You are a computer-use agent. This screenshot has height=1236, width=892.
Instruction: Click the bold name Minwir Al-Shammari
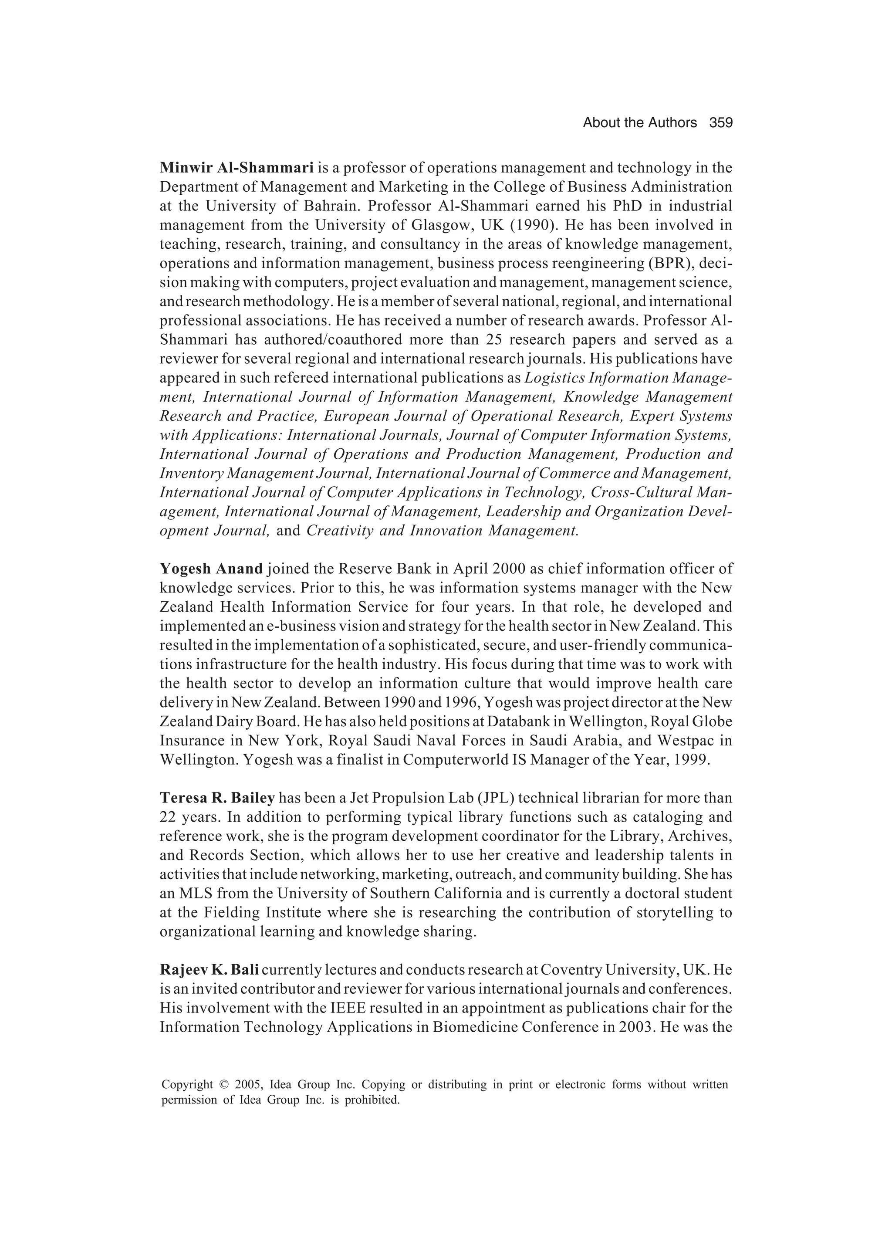(237, 168)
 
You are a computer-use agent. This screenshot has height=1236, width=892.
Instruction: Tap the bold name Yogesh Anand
(211, 569)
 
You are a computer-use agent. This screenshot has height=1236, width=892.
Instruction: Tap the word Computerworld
(453, 760)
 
